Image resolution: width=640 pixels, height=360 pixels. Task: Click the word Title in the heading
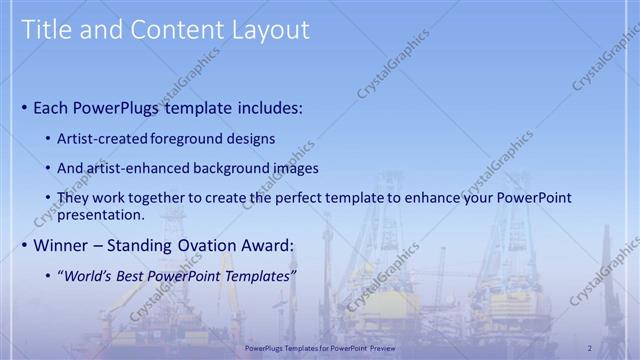pyautogui.click(x=47, y=30)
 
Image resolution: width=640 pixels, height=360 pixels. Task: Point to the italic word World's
pyautogui.click(x=91, y=275)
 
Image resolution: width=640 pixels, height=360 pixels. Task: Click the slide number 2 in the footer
pyautogui.click(x=590, y=347)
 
